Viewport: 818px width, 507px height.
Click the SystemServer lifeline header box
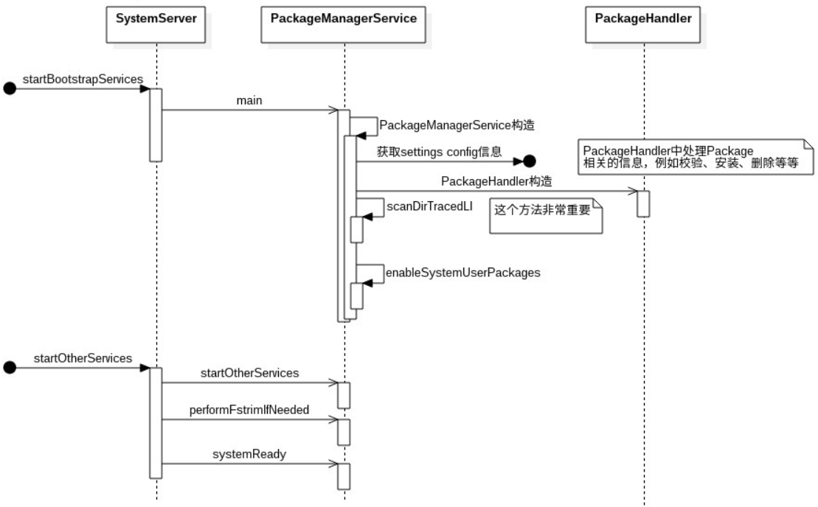pos(156,18)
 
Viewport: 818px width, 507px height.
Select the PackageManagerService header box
pos(344,18)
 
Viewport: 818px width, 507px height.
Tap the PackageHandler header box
pos(643,18)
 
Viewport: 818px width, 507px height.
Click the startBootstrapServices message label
pos(83,77)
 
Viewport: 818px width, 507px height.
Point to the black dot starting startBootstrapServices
pos(10,89)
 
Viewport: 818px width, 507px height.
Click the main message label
pos(249,99)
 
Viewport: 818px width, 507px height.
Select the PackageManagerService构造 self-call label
pos(446,125)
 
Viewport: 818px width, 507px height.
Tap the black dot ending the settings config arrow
pos(529,160)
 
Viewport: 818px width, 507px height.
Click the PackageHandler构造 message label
pos(497,181)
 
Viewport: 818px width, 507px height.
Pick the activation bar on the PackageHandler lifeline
pos(643,203)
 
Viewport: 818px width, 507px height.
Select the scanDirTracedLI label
pos(429,207)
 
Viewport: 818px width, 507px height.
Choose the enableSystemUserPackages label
pos(463,273)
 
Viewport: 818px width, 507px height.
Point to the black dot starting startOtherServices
pos(10,368)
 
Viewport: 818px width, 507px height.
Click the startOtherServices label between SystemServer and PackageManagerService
pos(249,373)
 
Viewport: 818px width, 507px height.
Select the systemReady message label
pos(249,454)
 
